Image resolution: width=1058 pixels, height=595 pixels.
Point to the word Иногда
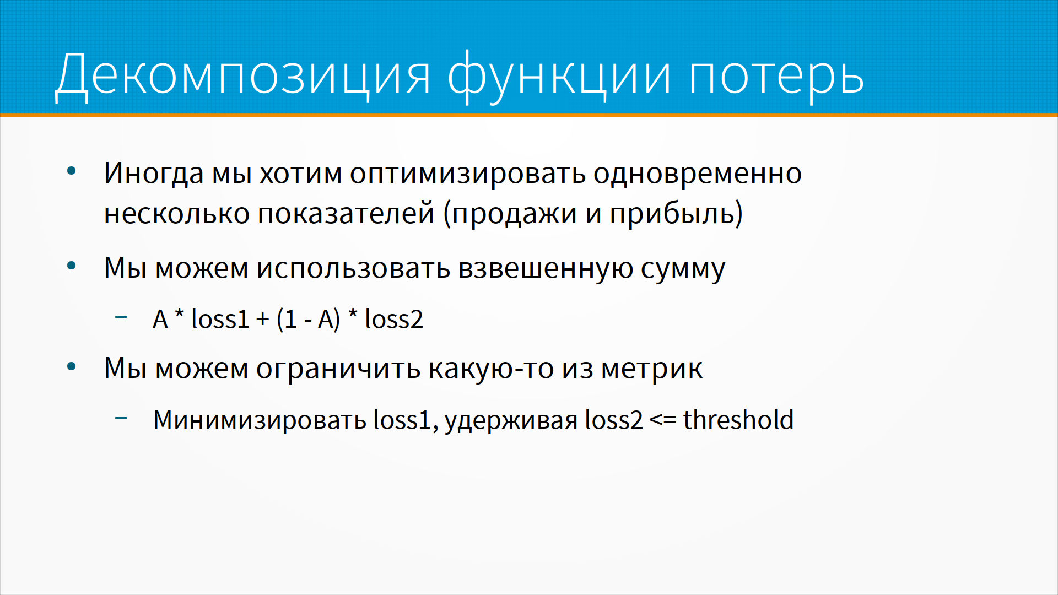pyautogui.click(x=154, y=174)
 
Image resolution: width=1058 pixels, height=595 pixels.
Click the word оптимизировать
pyautogui.click(x=468, y=174)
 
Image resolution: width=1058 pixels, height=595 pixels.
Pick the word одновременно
pyautogui.click(x=698, y=172)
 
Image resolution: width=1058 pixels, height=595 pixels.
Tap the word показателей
pyautogui.click(x=346, y=213)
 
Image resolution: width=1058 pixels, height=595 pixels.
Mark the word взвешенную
pyautogui.click(x=546, y=269)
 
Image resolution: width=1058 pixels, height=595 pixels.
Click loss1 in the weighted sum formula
pyautogui.click(x=220, y=319)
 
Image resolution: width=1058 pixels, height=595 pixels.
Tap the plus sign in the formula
pyautogui.click(x=263, y=320)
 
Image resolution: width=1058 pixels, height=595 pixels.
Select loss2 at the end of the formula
pyautogui.click(x=394, y=319)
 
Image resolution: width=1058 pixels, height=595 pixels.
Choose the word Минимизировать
pyautogui.click(x=260, y=420)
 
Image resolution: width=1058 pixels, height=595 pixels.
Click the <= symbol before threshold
pyautogui.click(x=663, y=420)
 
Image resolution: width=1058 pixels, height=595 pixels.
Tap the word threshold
pyautogui.click(x=738, y=420)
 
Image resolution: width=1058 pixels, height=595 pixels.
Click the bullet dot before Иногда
pyautogui.click(x=71, y=171)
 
